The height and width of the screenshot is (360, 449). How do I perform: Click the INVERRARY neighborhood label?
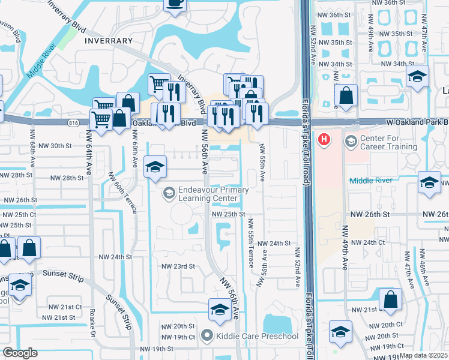(109, 41)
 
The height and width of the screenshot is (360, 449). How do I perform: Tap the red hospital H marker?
(325, 140)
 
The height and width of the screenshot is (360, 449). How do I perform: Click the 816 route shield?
(74, 122)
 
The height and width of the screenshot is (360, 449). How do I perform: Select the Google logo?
(20, 353)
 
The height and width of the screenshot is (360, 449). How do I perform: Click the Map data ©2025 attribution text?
(423, 355)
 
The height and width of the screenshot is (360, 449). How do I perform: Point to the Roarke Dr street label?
(92, 320)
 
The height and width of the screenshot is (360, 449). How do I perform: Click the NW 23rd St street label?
(178, 266)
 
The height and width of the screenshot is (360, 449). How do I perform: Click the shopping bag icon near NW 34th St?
(347, 95)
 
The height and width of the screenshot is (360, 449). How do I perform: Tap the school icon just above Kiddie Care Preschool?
(219, 310)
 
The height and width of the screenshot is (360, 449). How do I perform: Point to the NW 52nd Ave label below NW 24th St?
(297, 269)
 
